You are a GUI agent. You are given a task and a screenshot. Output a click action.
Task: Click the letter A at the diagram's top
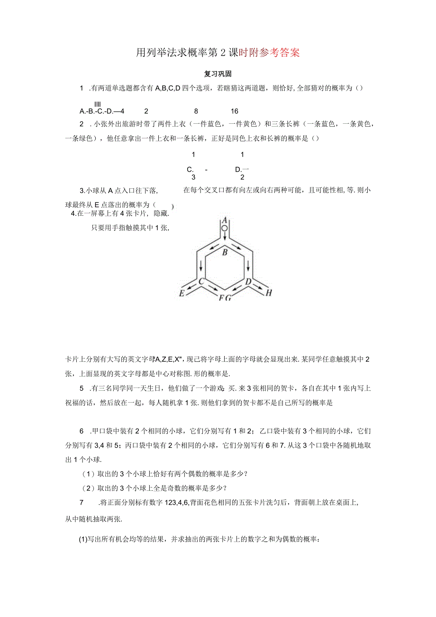225,220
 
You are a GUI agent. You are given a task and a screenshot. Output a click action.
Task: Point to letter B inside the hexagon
225,252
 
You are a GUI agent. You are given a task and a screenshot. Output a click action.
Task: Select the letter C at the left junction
201,281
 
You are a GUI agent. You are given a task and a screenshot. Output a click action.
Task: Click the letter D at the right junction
247,281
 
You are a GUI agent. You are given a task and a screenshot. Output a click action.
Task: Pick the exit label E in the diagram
182,294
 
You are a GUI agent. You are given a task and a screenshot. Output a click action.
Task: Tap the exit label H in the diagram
269,293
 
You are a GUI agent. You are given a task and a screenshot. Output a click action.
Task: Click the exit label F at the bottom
221,298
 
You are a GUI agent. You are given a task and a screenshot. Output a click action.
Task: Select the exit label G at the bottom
228,298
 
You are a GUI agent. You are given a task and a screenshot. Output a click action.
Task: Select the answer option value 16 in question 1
235,111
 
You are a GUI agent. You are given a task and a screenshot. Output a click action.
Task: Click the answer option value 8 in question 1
196,111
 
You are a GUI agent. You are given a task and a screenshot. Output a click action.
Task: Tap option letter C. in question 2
191,169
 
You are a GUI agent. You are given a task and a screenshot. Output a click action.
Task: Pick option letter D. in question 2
239,169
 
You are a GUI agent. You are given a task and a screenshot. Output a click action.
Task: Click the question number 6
82,431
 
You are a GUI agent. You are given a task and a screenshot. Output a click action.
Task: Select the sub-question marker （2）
89,488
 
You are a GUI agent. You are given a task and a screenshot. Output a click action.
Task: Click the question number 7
82,502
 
